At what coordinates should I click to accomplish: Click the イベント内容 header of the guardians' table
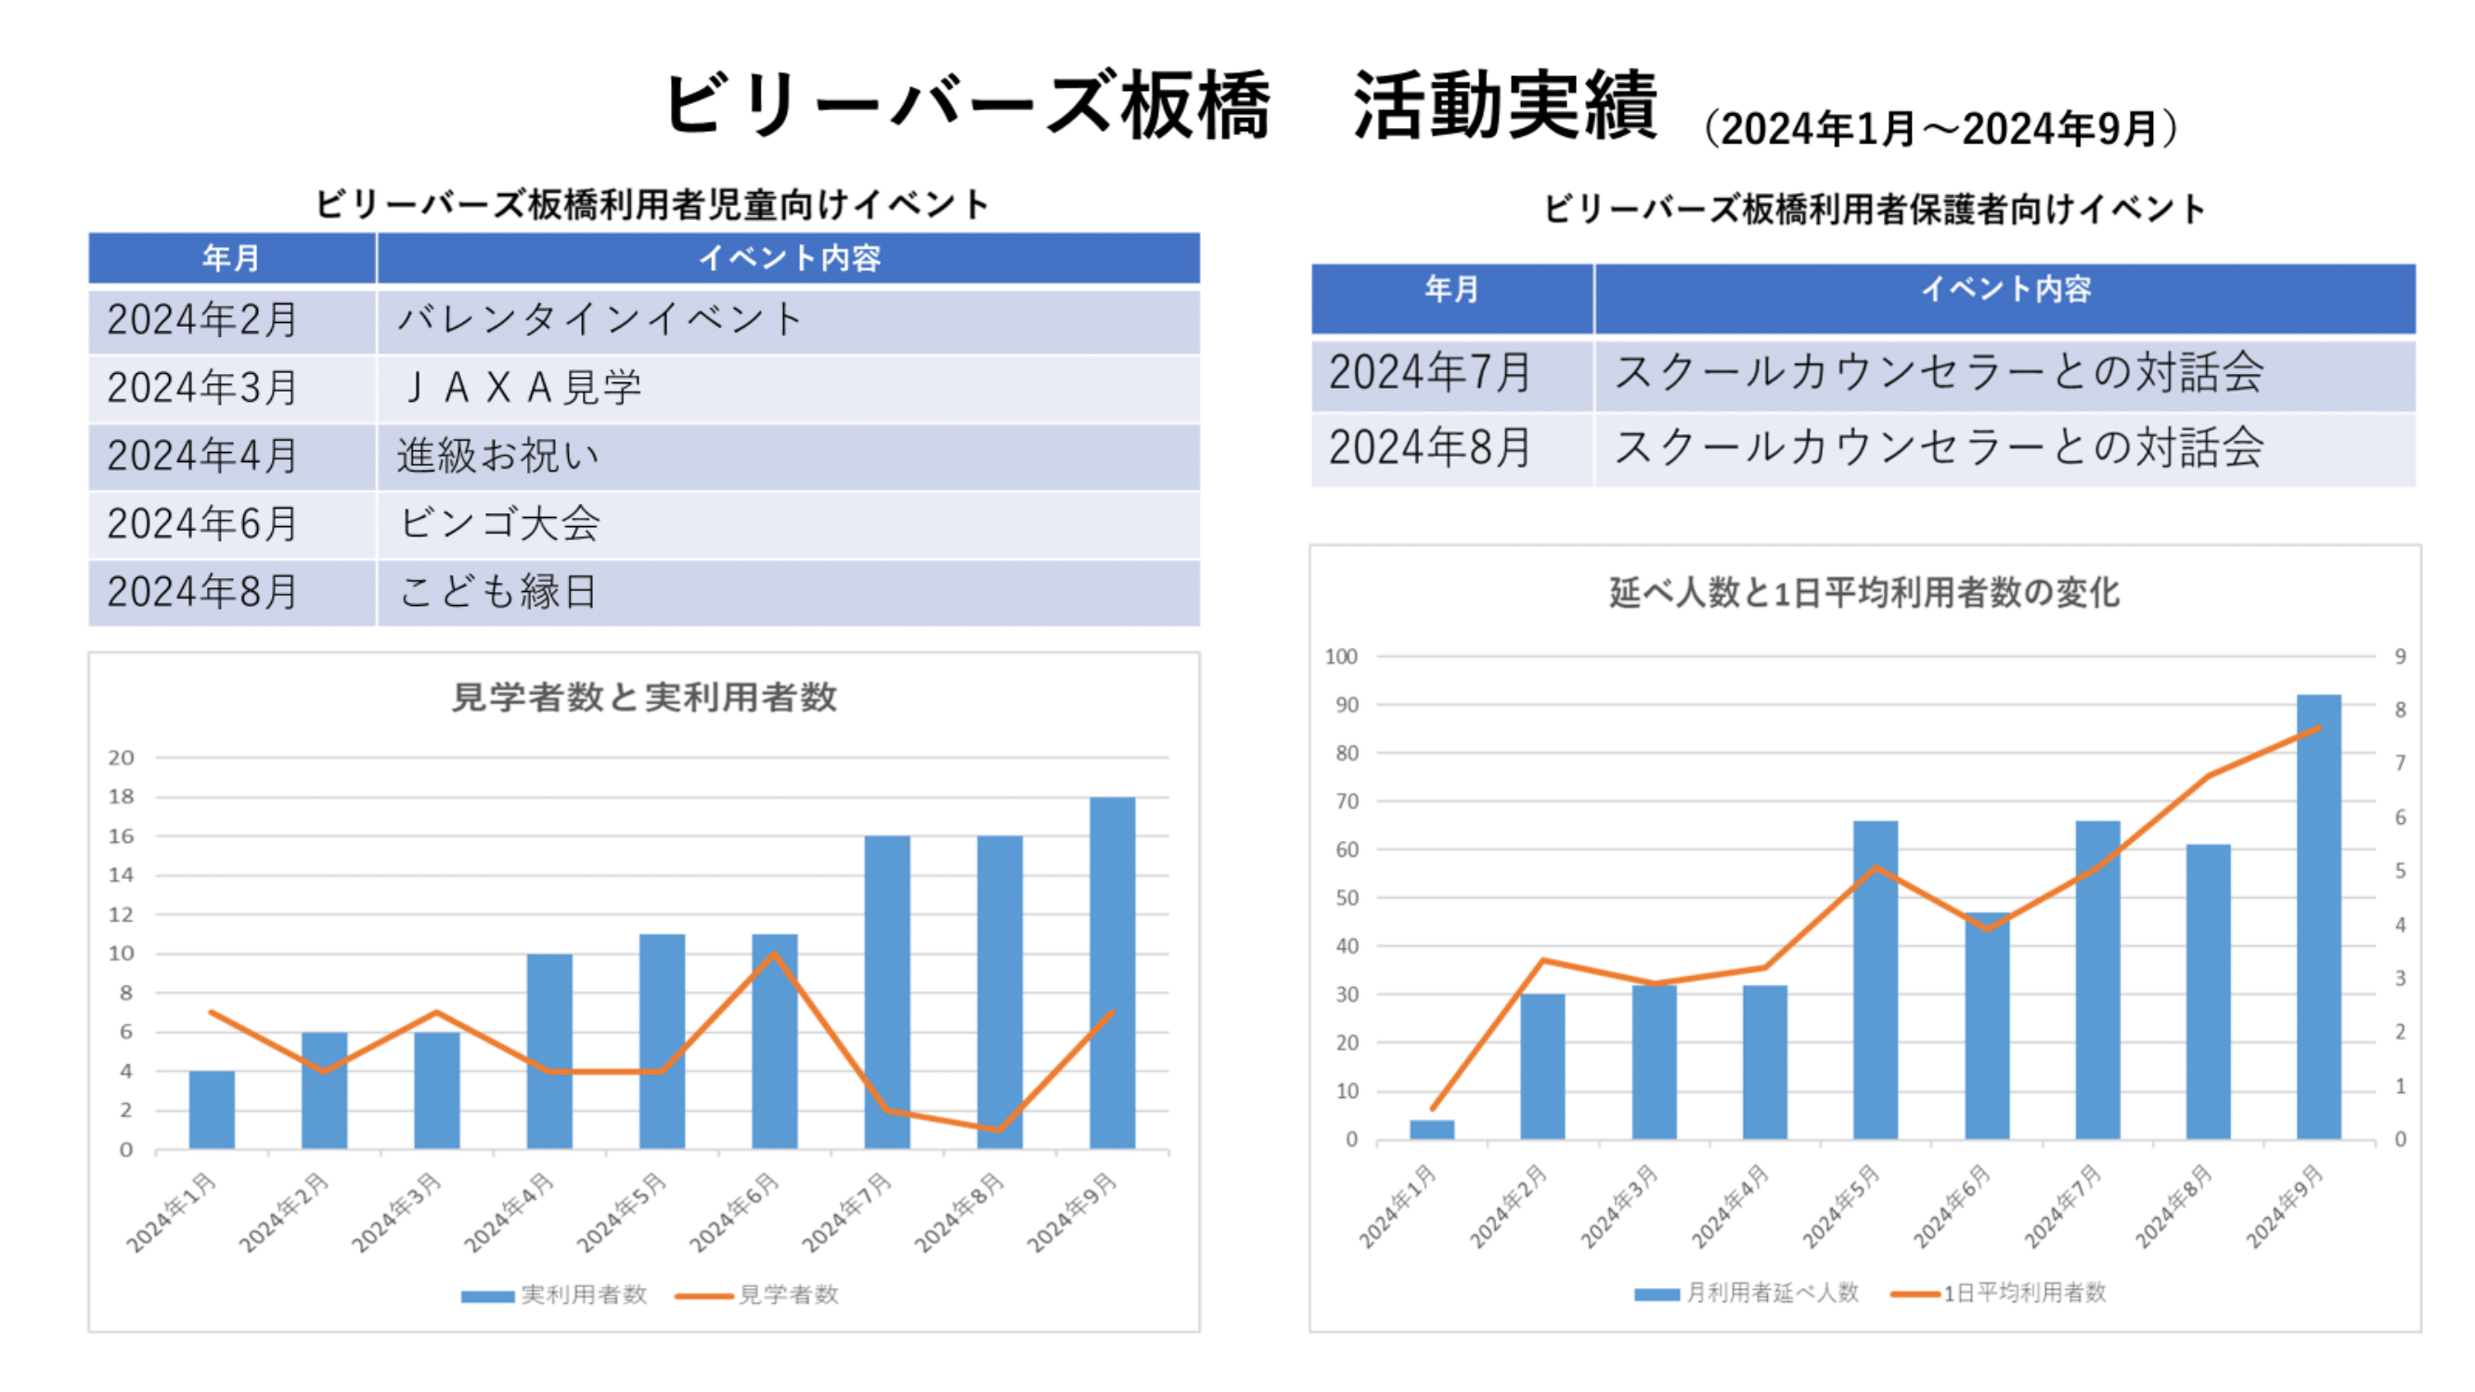[x=2005, y=290]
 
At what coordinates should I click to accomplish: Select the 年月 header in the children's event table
[x=230, y=257]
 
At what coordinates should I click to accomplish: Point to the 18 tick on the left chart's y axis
[x=121, y=797]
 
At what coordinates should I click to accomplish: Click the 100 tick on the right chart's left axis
[x=1340, y=657]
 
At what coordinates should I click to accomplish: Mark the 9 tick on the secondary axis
[x=2400, y=657]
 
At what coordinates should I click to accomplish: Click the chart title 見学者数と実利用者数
[x=644, y=698]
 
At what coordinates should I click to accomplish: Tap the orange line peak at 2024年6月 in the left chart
[x=773, y=953]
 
